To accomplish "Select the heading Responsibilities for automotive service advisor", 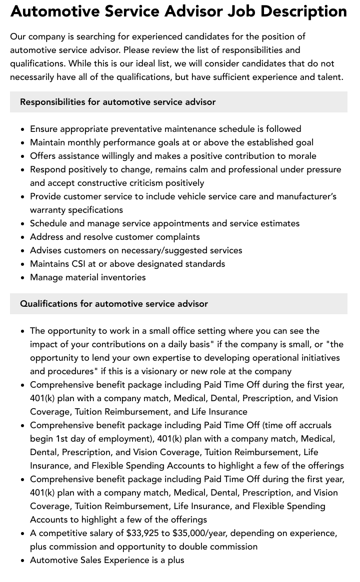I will tap(117, 102).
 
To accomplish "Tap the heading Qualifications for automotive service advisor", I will tap(113, 304).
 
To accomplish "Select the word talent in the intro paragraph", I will tap(328, 77).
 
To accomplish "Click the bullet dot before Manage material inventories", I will tap(23, 278).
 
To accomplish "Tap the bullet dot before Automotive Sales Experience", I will tap(23, 561).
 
